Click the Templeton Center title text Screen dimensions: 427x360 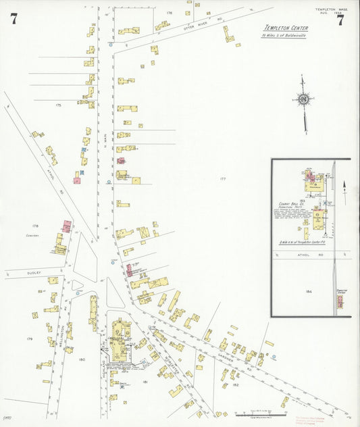tap(286, 28)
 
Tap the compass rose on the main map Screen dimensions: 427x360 tap(303, 99)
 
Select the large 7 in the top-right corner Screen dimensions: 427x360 tap(340, 20)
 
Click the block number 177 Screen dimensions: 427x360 tap(222, 178)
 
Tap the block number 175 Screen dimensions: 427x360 tap(58, 105)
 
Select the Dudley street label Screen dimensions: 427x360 tap(34, 272)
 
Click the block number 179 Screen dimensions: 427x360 tap(30, 338)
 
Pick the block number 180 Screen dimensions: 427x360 tap(82, 359)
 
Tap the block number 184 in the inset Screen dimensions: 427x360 tap(309, 291)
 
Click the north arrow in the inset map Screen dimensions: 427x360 tap(344, 184)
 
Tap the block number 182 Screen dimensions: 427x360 tap(235, 384)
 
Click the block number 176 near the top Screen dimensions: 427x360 tap(169, 13)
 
